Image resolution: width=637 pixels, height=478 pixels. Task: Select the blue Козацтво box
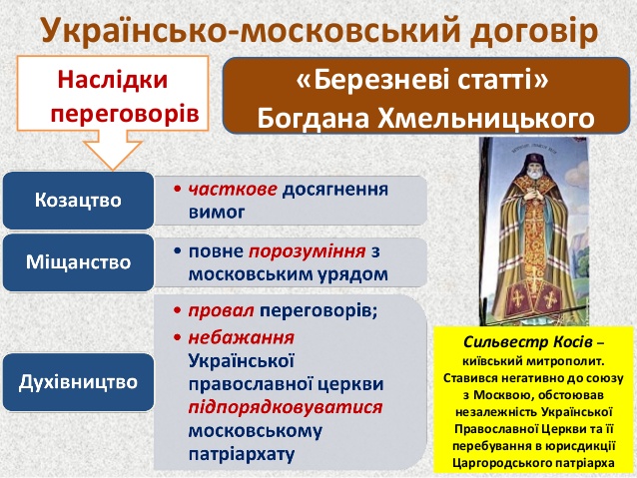[79, 201]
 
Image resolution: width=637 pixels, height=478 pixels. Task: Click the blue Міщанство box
[79, 261]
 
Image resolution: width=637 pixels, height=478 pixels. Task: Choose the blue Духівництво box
[79, 382]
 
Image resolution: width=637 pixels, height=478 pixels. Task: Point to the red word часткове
[233, 190]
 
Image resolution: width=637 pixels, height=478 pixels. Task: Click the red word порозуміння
[307, 251]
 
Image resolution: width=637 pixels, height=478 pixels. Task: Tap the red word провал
[221, 310]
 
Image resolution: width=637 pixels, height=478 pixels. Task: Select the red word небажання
[242, 338]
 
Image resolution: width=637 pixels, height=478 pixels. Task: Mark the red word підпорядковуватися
[286, 407]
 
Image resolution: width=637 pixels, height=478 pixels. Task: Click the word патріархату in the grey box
[242, 454]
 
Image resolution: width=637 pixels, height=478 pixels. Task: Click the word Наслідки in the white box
[113, 79]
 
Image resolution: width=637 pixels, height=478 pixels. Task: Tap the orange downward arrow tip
[113, 170]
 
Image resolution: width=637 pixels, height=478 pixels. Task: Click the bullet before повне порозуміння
[177, 251]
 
